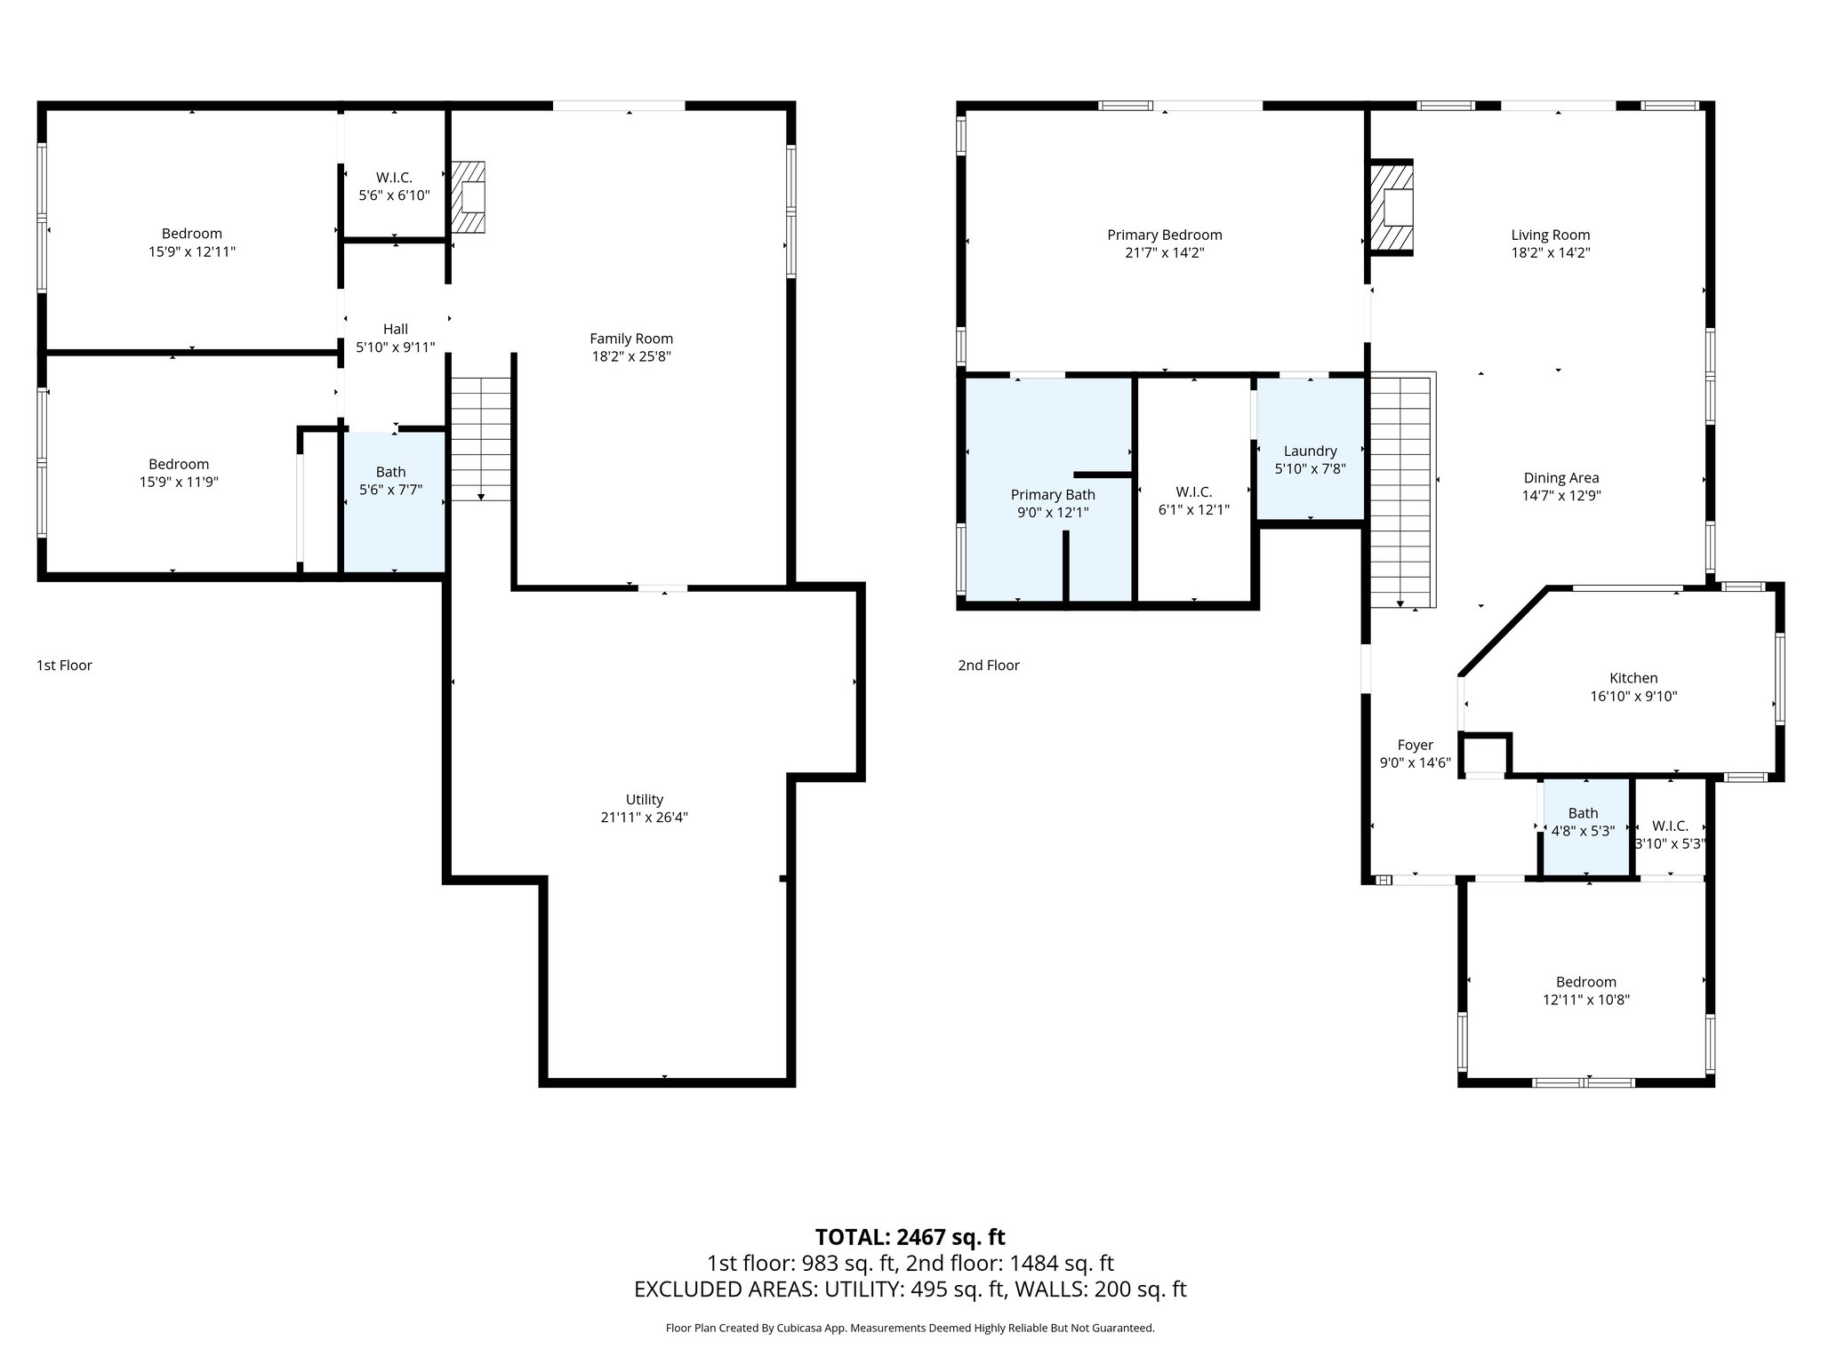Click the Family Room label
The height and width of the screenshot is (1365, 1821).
coord(631,339)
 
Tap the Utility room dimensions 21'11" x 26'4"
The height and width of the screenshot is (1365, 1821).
coord(644,818)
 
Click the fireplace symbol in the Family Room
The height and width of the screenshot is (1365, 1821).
coord(469,197)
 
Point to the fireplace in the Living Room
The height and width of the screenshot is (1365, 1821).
coord(1391,209)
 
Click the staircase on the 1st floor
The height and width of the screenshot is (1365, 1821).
coord(481,438)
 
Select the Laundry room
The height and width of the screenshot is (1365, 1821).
coord(1310,459)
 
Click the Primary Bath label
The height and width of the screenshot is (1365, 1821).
coord(1053,495)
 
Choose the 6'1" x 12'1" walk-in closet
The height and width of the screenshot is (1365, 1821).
coord(1193,500)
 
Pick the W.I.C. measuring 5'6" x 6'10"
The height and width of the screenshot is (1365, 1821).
coord(394,187)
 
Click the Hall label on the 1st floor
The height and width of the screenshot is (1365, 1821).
coord(396,330)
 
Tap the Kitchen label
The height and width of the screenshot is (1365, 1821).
coord(1633,678)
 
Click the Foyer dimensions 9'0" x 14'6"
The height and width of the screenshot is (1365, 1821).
coord(1416,762)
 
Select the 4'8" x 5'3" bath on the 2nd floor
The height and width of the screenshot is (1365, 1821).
coord(1583,823)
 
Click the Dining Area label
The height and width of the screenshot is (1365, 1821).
coord(1561,478)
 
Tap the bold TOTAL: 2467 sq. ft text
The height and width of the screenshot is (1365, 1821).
coord(910,1237)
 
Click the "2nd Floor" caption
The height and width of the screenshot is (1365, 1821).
coord(989,666)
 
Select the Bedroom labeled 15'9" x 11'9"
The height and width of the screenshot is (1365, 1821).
coord(179,473)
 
